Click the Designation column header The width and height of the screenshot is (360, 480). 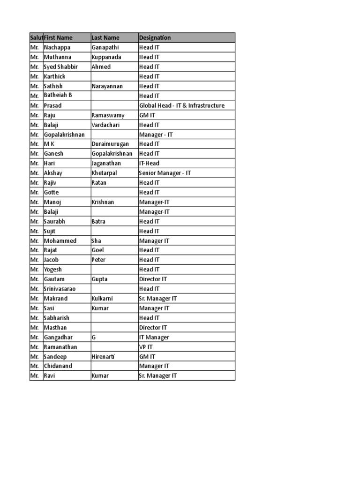(155, 37)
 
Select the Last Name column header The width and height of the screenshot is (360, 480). (105, 37)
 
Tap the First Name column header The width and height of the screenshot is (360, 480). (58, 37)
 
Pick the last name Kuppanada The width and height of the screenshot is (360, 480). (106, 57)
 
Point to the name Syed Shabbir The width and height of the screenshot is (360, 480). (60, 67)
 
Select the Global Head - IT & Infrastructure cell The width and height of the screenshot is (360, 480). (182, 105)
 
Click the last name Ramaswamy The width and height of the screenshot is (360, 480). (108, 115)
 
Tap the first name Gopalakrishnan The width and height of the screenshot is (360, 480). (64, 135)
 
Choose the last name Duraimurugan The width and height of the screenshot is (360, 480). (110, 144)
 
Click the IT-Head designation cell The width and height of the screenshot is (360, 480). (149, 163)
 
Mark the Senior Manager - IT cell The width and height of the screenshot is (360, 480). (165, 173)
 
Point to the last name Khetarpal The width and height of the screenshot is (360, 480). (105, 173)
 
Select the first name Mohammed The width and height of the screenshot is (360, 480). (60, 240)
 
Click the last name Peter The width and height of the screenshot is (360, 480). (98, 260)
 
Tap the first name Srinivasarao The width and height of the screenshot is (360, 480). (60, 289)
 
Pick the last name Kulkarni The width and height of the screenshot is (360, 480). (102, 299)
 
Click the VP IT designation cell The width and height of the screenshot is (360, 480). (146, 347)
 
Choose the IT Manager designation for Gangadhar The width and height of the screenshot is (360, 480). (154, 337)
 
